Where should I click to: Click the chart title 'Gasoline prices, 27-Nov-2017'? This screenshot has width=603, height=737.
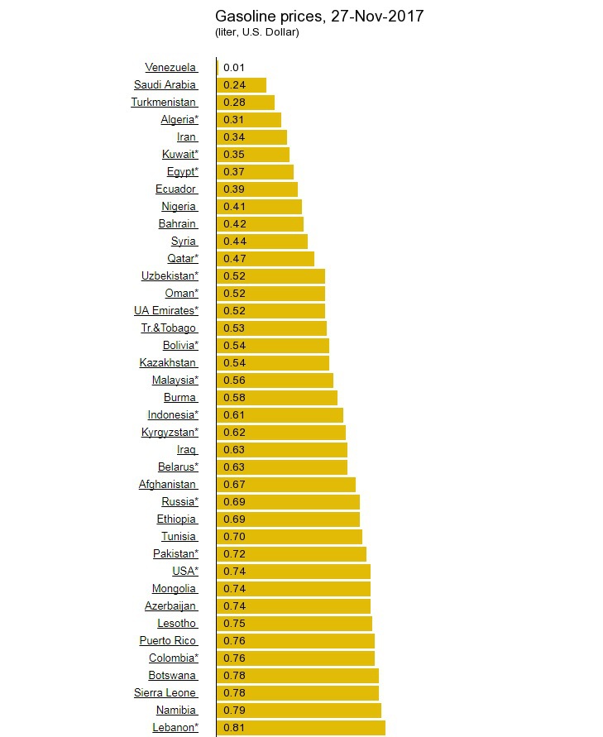[x=319, y=17]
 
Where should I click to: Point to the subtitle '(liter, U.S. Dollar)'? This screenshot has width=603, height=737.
[x=256, y=32]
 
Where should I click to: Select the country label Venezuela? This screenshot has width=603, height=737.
[x=170, y=68]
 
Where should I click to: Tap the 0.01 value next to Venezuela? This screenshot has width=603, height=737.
[x=234, y=68]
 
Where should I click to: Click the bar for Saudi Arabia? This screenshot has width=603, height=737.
[x=242, y=85]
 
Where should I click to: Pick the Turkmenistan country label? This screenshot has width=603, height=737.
[x=164, y=103]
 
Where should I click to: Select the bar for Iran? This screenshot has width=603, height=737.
[x=252, y=137]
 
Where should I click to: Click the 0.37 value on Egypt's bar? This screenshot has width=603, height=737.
[x=234, y=172]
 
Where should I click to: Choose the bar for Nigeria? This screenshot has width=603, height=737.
[x=260, y=207]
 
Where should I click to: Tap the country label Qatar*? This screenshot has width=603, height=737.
[x=183, y=259]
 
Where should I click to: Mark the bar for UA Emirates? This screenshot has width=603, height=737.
[x=271, y=311]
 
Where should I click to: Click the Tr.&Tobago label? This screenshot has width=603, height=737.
[x=169, y=328]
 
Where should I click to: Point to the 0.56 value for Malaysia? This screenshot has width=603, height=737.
[x=234, y=380]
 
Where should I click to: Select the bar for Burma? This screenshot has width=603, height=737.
[x=277, y=398]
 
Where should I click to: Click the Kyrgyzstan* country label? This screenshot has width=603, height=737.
[x=170, y=433]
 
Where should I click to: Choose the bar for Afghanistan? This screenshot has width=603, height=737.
[x=286, y=485]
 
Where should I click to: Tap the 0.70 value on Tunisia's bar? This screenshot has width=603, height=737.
[x=234, y=537]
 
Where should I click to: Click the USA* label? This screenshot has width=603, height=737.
[x=185, y=572]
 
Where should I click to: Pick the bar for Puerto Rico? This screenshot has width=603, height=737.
[x=296, y=641]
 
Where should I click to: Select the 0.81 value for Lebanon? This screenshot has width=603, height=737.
[x=234, y=728]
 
